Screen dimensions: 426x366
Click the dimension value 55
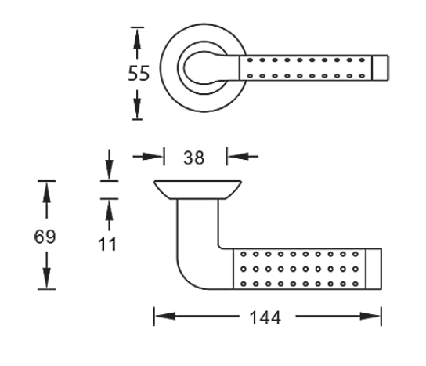pos(139,73)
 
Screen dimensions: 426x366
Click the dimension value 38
pos(193,158)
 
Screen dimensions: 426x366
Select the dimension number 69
pos(45,236)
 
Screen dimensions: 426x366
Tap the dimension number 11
pos(107,244)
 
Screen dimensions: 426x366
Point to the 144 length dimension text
pos(265,317)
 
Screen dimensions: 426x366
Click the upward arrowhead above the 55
pos(137,39)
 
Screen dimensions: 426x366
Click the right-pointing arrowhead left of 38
pos(152,156)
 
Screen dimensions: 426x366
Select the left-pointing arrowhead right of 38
pos(238,156)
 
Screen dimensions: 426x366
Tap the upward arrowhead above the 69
pos(46,193)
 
